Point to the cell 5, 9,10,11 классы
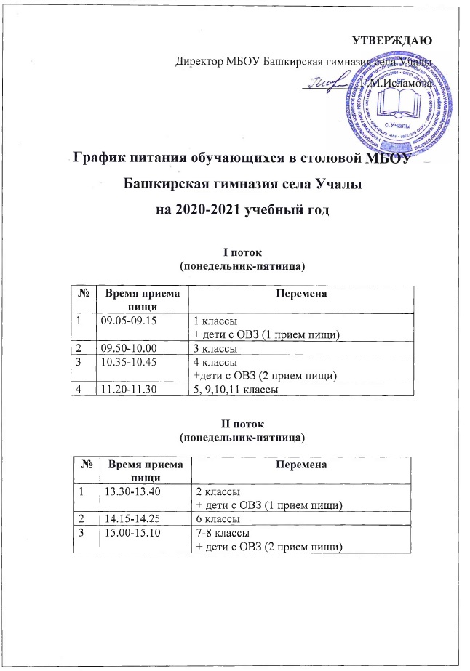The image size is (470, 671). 237,391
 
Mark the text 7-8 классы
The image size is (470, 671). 220,534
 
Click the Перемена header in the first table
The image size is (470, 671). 300,292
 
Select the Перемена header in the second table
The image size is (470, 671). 302,464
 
